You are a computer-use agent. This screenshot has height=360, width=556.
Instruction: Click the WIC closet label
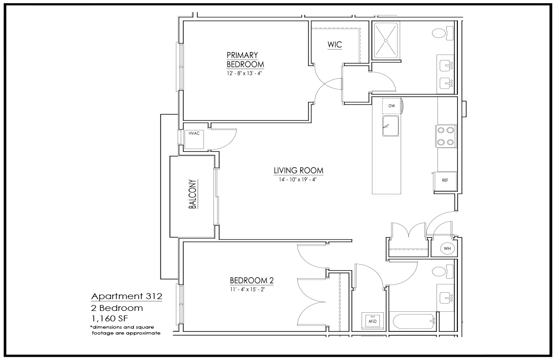(335, 45)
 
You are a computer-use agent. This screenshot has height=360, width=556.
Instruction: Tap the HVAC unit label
(194, 134)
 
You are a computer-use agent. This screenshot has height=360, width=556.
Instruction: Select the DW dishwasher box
(392, 106)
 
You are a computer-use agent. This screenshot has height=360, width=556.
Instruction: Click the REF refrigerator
(445, 181)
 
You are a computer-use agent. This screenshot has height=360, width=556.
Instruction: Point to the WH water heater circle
(447, 248)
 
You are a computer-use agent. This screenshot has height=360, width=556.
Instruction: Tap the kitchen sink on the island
(391, 126)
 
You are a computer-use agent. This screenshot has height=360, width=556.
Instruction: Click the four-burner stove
(446, 136)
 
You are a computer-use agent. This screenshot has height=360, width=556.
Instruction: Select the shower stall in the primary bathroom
(386, 40)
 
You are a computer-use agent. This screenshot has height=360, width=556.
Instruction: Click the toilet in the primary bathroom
(443, 33)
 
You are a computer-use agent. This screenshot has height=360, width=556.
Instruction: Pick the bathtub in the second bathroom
(414, 321)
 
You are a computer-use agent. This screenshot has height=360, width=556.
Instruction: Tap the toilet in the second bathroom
(443, 271)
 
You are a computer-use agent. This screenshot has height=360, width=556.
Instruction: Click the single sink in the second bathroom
(446, 298)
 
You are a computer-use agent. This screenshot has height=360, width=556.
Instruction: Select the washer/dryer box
(372, 321)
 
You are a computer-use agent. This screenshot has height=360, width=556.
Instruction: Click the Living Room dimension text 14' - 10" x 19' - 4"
(298, 180)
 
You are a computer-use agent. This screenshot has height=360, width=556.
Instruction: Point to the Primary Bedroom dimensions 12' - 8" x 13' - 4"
(244, 73)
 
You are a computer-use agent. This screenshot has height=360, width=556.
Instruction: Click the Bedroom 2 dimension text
(248, 290)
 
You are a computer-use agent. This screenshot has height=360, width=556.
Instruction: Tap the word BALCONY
(193, 194)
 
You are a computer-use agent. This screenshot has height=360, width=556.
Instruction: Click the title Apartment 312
(127, 296)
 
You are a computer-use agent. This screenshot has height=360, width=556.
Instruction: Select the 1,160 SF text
(110, 319)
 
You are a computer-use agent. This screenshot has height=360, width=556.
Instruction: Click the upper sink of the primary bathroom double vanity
(446, 66)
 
